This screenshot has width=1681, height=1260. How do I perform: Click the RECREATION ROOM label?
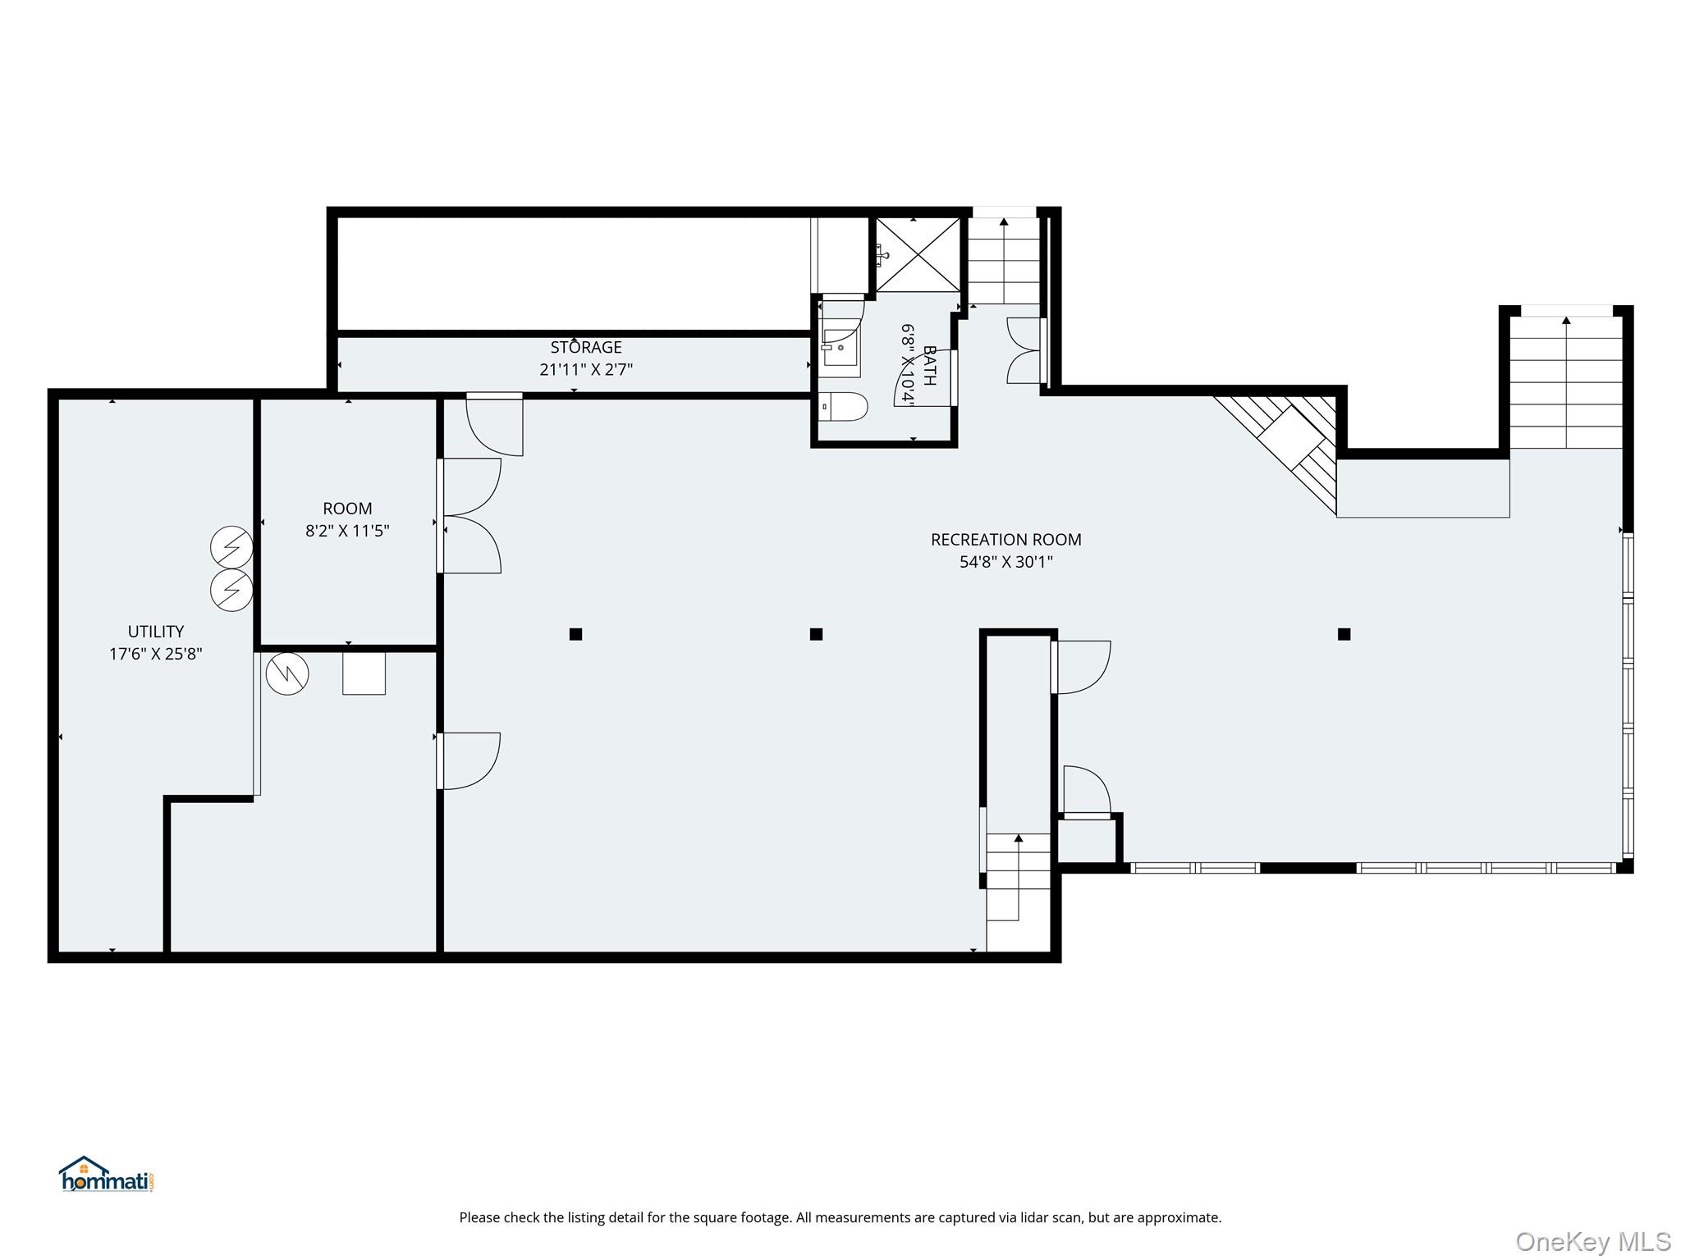[x=1005, y=540]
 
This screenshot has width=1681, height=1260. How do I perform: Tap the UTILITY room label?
[x=156, y=632]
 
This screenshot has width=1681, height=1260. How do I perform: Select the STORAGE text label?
[x=586, y=348]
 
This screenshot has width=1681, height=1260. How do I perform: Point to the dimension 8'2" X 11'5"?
[x=347, y=531]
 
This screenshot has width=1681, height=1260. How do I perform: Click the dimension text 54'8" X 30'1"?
[x=1005, y=562]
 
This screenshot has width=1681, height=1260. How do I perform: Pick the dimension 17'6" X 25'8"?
[x=156, y=654]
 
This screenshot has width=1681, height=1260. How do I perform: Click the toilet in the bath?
[x=844, y=406]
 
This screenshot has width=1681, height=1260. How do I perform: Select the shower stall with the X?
[x=917, y=254]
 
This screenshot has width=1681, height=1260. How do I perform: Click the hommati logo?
[x=106, y=1175]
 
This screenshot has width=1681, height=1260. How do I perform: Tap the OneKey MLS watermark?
[x=1592, y=1241]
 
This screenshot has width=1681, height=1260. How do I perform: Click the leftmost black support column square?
[x=575, y=634]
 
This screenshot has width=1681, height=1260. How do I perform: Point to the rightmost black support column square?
[x=1344, y=634]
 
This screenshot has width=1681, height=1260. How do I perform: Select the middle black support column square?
[x=816, y=634]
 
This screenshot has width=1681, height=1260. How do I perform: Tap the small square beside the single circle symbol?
[x=364, y=673]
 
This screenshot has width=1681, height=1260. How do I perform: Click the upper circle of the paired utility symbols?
[x=231, y=547]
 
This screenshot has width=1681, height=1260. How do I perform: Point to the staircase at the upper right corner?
[x=1567, y=382]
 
